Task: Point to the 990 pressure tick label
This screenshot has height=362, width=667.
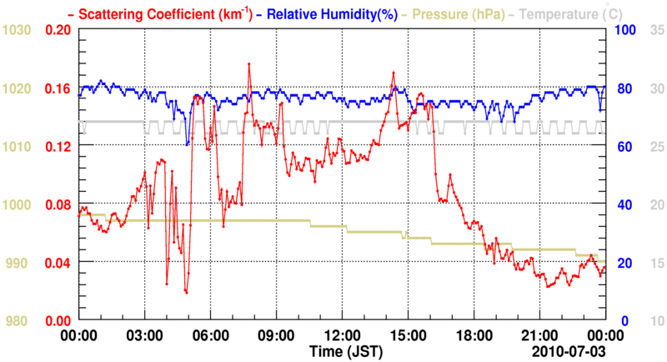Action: pos(20,263)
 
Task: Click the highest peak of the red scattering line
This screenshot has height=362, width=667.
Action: pos(248,63)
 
